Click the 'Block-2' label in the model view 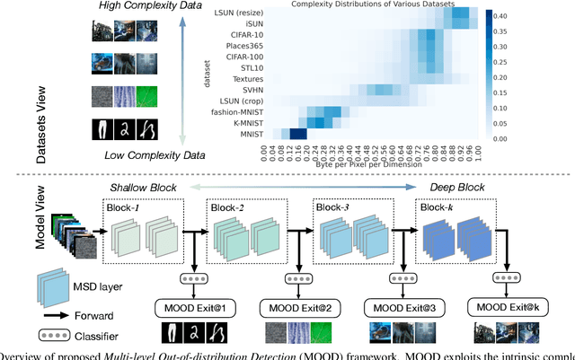pyautogui.click(x=229, y=207)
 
